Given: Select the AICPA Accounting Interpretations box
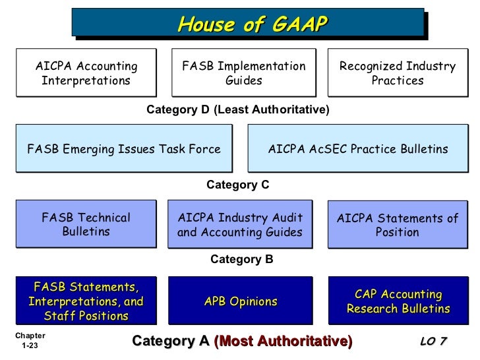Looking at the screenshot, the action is (x=86, y=73).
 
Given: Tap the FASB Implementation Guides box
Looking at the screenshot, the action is (x=243, y=73).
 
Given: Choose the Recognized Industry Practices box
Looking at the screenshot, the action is (x=398, y=73).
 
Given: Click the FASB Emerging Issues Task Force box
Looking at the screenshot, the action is (x=124, y=149).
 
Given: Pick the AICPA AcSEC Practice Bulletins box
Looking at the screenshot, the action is (x=357, y=149).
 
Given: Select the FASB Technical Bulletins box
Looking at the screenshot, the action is (x=86, y=224).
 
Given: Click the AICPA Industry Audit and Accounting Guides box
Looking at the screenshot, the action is (x=240, y=224).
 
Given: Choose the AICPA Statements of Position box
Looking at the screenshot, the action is (x=398, y=224).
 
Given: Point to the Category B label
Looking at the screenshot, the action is (x=241, y=260).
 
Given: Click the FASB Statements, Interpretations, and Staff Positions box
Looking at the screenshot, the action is (x=86, y=301).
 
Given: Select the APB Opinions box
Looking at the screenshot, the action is (x=241, y=301).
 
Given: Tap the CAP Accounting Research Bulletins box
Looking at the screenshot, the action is (x=398, y=301).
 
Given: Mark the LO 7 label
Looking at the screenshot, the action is (x=433, y=341).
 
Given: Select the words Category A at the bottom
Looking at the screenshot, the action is (x=171, y=341).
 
